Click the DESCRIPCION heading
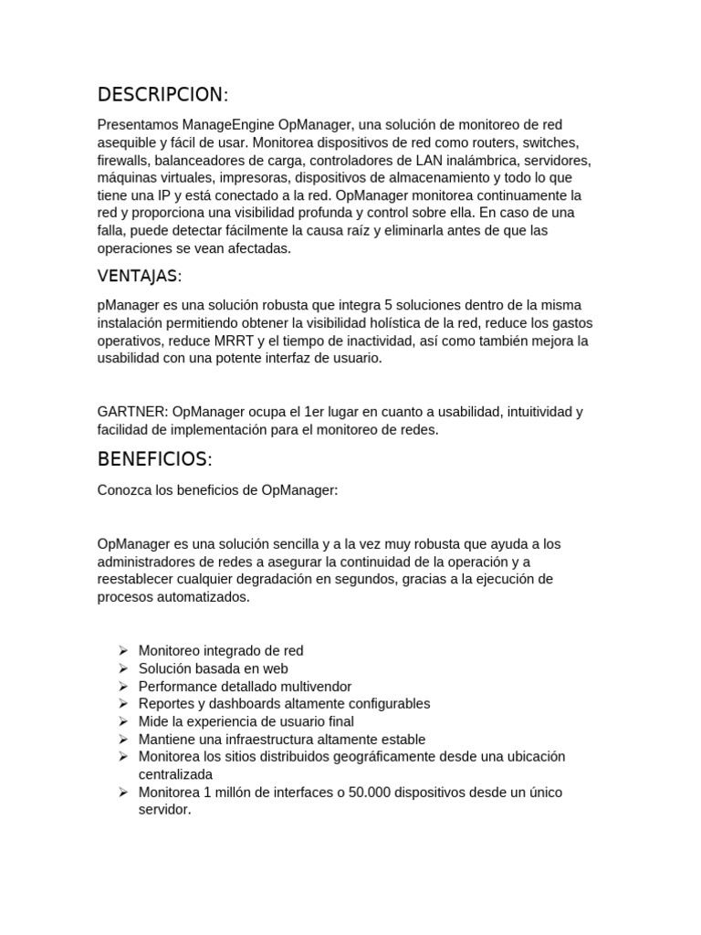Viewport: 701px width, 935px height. pos(162,95)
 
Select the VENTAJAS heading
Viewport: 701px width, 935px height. pos(140,276)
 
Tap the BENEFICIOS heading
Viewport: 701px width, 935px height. pos(154,458)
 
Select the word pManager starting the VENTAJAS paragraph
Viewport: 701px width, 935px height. pos(126,305)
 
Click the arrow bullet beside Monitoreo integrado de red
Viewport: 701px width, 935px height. pos(123,651)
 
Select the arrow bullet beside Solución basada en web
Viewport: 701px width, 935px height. pos(123,668)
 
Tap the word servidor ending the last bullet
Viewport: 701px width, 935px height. pos(164,809)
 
